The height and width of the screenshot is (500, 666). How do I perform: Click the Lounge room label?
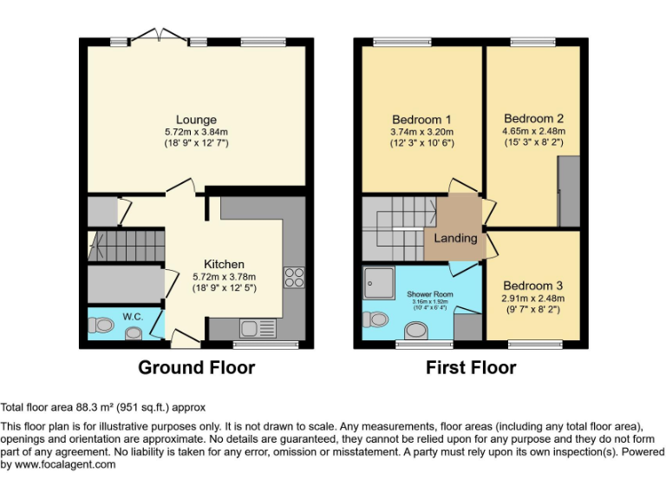click(x=196, y=120)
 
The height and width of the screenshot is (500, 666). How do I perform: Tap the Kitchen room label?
click(x=224, y=264)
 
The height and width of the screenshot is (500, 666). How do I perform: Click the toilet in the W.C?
click(x=104, y=326)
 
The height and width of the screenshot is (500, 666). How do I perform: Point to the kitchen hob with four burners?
click(x=293, y=277)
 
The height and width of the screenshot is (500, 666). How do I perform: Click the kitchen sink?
click(x=254, y=328)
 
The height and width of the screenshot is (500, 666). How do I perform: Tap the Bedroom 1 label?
click(x=421, y=120)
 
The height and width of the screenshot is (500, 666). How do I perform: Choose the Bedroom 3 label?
click(x=533, y=286)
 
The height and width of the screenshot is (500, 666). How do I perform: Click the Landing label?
click(x=456, y=238)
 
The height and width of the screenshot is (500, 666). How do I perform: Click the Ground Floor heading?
click(x=197, y=367)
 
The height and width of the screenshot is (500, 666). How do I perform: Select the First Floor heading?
click(x=471, y=367)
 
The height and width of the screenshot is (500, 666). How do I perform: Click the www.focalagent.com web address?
click(x=66, y=464)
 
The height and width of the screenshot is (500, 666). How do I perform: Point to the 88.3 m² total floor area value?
click(x=94, y=406)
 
